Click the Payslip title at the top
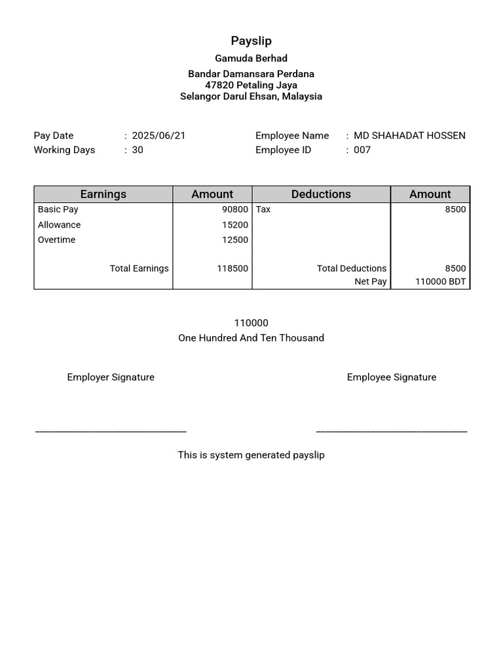coord(251,41)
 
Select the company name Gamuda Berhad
coord(251,58)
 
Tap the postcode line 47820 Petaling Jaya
coord(251,85)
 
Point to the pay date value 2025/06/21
coord(158,135)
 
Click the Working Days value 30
coord(138,150)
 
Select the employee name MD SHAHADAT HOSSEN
coord(409,135)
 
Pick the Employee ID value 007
coord(362,150)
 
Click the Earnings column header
coord(103,194)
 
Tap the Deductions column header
coord(321,194)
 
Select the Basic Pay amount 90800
coord(235,209)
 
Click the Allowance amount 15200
coord(235,224)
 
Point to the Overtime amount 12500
coord(235,239)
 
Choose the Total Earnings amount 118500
coord(233,268)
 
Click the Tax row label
coord(263,209)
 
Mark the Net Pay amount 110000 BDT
coord(441,281)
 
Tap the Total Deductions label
coord(352,268)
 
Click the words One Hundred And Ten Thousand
coord(251,338)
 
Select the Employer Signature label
coord(111,377)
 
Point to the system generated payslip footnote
coord(251,455)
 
